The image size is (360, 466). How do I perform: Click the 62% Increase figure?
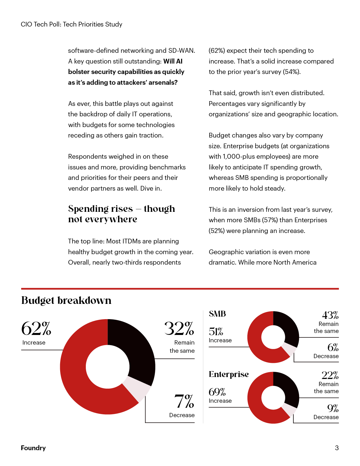[x=36, y=329]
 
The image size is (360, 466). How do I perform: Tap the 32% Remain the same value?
[x=179, y=329]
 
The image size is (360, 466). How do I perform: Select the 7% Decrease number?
[x=184, y=402]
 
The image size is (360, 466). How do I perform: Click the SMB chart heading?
[x=217, y=314]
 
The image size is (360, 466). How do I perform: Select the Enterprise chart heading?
[x=229, y=374]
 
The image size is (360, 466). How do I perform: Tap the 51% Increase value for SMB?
[x=216, y=332]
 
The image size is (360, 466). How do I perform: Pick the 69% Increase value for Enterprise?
[x=217, y=392]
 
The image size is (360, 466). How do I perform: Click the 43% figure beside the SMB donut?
[x=330, y=315]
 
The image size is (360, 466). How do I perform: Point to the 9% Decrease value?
[x=333, y=408]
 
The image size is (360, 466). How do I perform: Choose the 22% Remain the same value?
[x=330, y=375]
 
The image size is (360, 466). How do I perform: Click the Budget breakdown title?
[x=66, y=300]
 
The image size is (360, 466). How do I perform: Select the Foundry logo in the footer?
[x=33, y=448]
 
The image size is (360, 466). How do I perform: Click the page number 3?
[x=337, y=448]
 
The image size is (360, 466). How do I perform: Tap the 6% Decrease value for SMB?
[x=333, y=347]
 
